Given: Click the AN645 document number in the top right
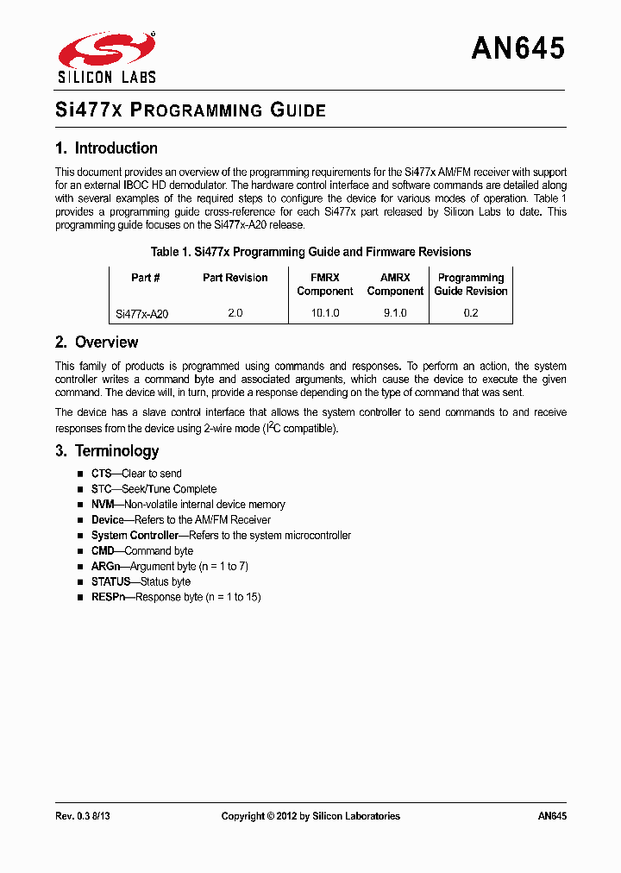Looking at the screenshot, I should pyautogui.click(x=517, y=49).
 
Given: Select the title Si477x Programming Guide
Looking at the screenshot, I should pyautogui.click(x=191, y=110).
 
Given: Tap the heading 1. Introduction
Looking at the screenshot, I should pyautogui.click(x=106, y=148).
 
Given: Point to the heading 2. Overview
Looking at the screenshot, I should pyautogui.click(x=97, y=342).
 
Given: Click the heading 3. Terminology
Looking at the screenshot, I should pyautogui.click(x=107, y=451).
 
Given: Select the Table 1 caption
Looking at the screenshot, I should pyautogui.click(x=310, y=252).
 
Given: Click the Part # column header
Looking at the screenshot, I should pyautogui.click(x=146, y=278).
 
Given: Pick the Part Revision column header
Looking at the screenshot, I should pyautogui.click(x=235, y=278).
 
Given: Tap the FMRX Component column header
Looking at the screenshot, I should pyautogui.click(x=325, y=285).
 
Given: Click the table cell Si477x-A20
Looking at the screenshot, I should pyautogui.click(x=142, y=314).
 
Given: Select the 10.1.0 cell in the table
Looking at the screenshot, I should pyautogui.click(x=325, y=313).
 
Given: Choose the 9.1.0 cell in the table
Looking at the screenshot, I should pyautogui.click(x=395, y=313).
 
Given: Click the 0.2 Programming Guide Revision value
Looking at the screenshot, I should pyautogui.click(x=470, y=313).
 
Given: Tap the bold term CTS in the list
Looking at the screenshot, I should pyautogui.click(x=102, y=474).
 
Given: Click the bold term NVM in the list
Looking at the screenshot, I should pyautogui.click(x=103, y=505).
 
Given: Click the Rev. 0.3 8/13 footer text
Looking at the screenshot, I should pyautogui.click(x=82, y=816).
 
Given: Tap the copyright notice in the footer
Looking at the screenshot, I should pyautogui.click(x=310, y=816).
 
